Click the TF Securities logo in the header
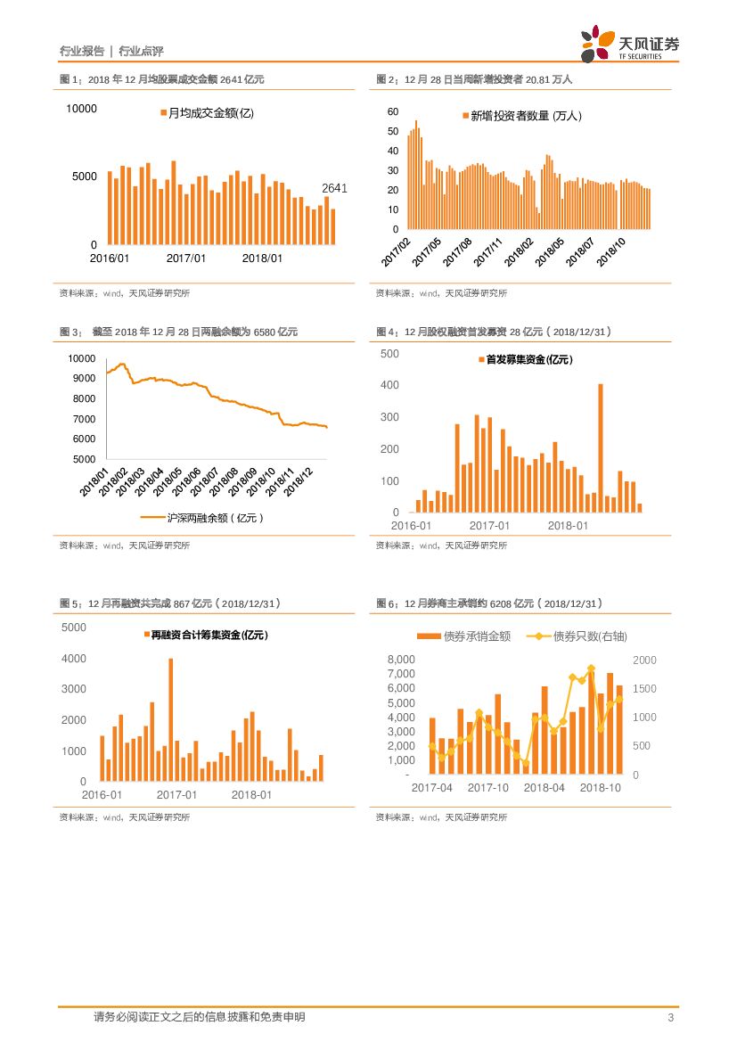630,45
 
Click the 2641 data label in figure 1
334,188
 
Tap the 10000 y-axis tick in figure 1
81,109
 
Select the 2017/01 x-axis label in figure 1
186,258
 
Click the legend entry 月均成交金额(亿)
207,113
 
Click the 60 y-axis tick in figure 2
393,111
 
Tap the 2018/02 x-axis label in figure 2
518,252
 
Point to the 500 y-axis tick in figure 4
390,354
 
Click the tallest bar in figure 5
170,719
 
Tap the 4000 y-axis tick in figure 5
74,659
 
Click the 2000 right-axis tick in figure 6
643,660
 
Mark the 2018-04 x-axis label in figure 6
545,788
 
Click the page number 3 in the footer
670,1017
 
